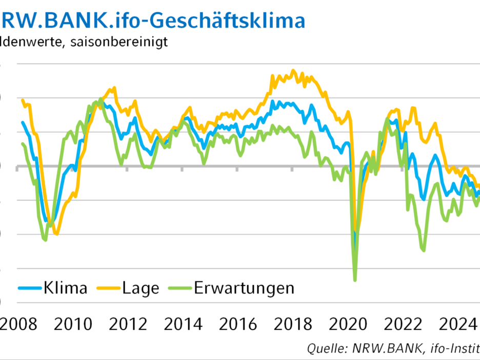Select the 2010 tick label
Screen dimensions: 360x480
tap(73, 324)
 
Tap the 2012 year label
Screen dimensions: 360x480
tap(128, 324)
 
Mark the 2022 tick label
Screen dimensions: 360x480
tap(405, 324)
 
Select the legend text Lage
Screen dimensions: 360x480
tap(141, 288)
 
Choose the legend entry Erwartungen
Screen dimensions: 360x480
tap(244, 288)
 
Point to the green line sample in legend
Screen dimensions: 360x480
tap(180, 288)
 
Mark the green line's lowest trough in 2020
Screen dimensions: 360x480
tap(355, 281)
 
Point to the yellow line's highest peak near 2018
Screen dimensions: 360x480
tap(293, 70)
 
